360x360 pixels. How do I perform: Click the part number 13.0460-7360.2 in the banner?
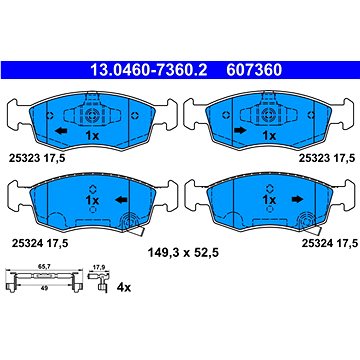coord(149,70)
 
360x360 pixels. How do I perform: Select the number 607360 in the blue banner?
coord(254,70)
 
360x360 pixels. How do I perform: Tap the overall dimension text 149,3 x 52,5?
coord(183,253)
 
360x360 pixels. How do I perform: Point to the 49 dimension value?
coord(44,289)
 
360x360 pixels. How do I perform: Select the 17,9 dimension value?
coord(98,267)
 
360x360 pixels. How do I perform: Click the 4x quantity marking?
coord(124,287)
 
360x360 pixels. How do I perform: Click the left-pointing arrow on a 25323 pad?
coord(61,131)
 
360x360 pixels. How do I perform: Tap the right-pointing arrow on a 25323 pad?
coord(240,130)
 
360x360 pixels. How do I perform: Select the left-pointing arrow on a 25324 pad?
coord(121,200)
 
